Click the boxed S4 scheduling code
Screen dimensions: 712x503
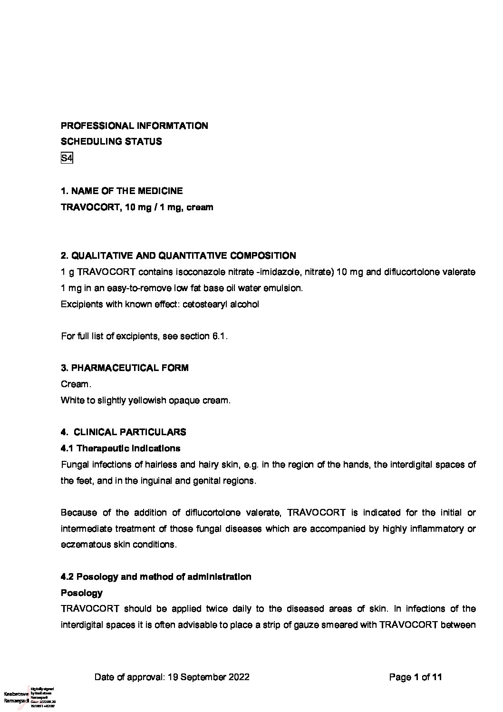pos(67,158)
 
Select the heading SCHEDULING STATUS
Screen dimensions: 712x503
pos(111,142)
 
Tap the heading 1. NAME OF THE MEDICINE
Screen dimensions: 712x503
pos(122,191)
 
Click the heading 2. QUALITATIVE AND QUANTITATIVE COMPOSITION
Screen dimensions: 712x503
pos(178,256)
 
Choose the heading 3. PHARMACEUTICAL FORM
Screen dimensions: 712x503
pos(125,368)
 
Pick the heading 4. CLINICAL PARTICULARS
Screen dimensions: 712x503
pos(124,432)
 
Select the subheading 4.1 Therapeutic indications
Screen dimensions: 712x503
pos(121,449)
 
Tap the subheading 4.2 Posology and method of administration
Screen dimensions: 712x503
pos(156,577)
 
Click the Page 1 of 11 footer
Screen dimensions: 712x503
pos(416,677)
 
